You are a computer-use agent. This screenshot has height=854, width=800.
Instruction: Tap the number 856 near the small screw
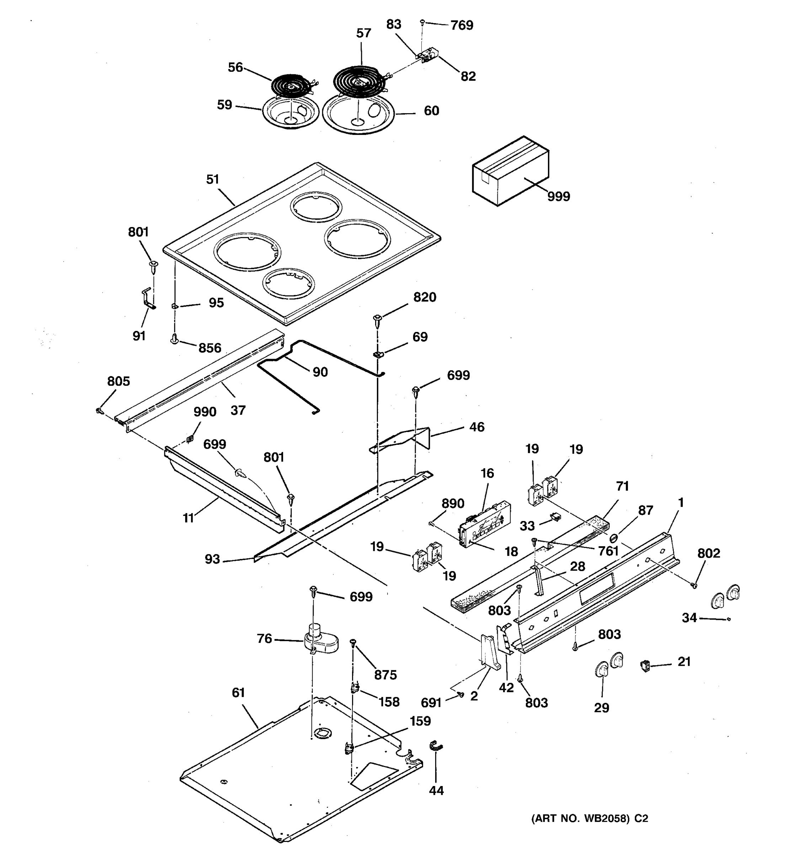coord(209,348)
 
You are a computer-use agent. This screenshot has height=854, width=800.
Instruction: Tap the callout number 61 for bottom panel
coord(238,692)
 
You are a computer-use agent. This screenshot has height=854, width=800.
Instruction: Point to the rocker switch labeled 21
coord(645,666)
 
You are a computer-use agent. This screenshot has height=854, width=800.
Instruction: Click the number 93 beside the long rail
coord(212,559)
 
